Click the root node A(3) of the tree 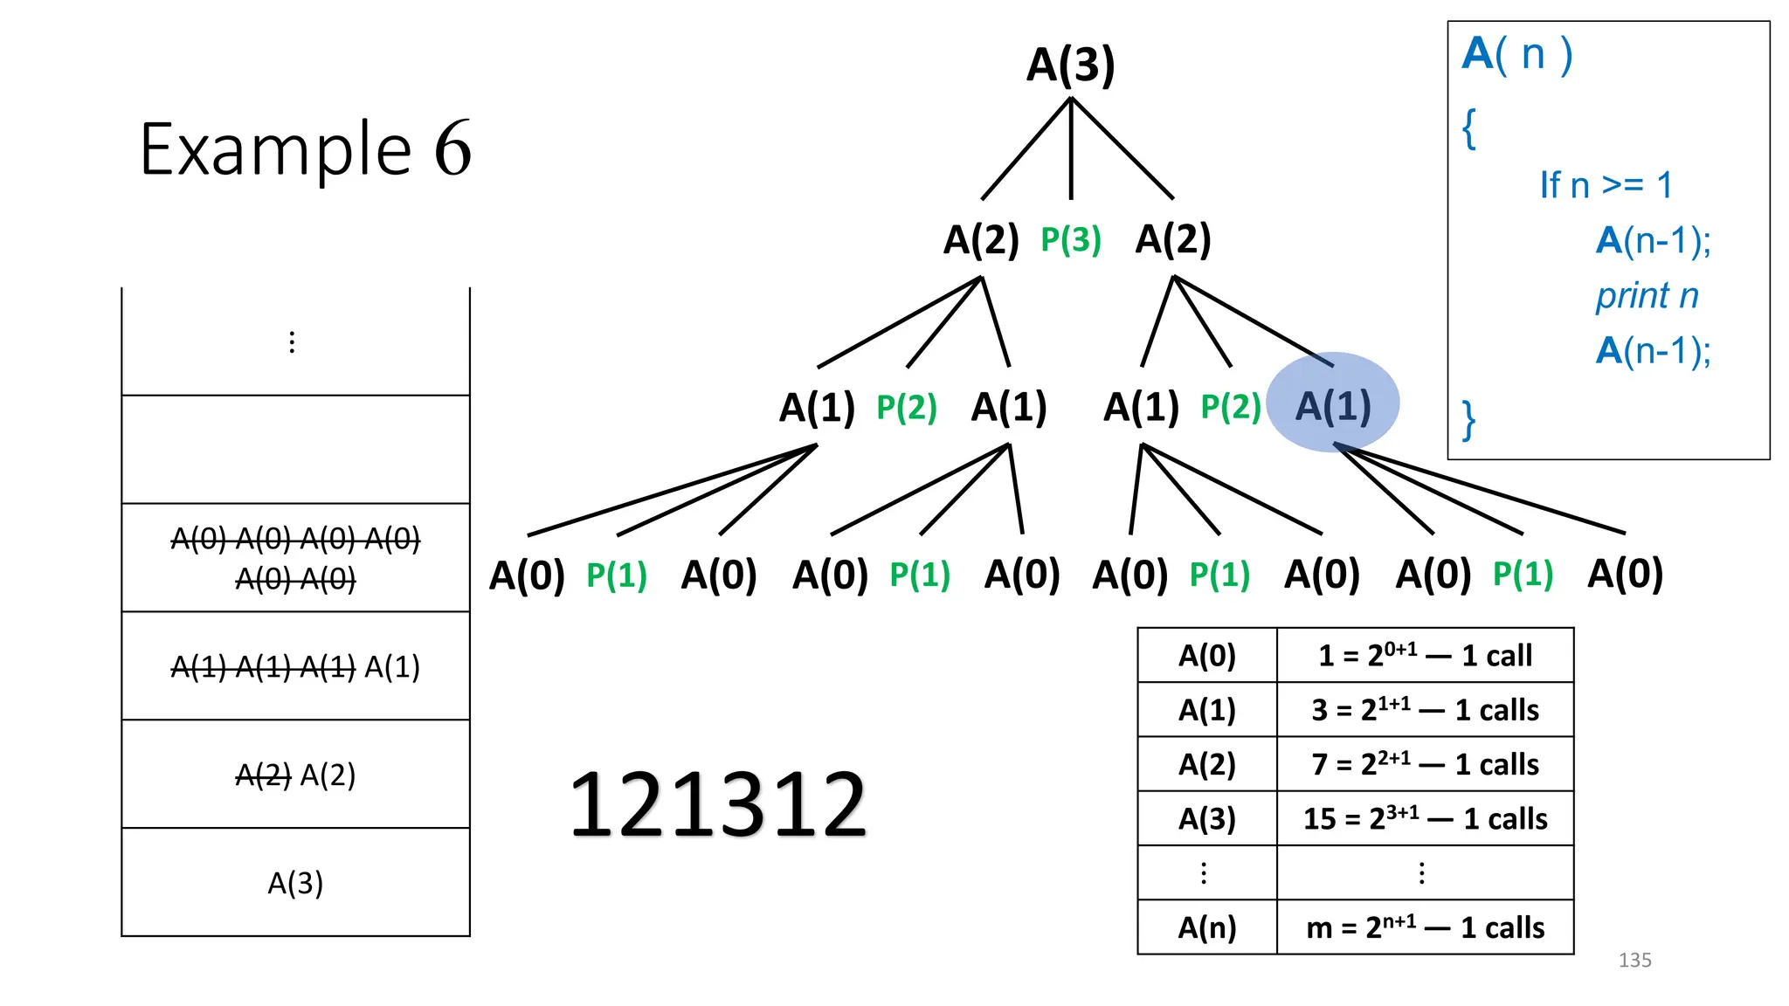[1070, 65]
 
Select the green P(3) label [1070, 240]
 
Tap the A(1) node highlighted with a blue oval [1332, 406]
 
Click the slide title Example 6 [306, 149]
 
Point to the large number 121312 [717, 805]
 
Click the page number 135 [1634, 961]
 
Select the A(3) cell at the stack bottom [295, 883]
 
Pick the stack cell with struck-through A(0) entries [295, 558]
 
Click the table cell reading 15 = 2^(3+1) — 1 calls [1425, 818]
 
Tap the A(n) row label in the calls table [1206, 927]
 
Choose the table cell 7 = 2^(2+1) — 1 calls [1425, 764]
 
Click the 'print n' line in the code [1647, 296]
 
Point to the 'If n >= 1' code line [1606, 185]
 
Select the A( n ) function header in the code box [1517, 54]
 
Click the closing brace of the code [1469, 420]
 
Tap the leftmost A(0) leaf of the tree [527, 575]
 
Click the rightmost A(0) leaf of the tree [1625, 574]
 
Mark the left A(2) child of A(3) [981, 240]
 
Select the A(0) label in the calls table [1206, 655]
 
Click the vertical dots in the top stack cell [292, 342]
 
